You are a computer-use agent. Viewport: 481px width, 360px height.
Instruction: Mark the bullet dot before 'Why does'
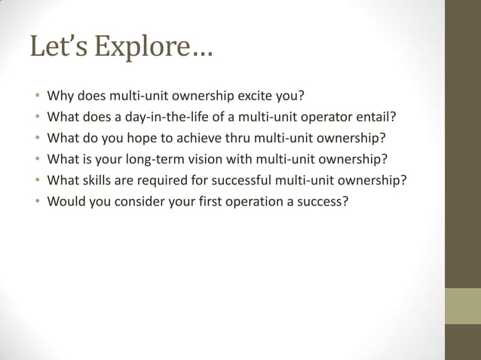point(35,96)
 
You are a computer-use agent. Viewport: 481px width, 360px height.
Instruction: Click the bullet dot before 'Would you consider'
point(35,202)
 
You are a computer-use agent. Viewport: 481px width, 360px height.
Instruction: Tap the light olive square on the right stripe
point(462,305)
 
